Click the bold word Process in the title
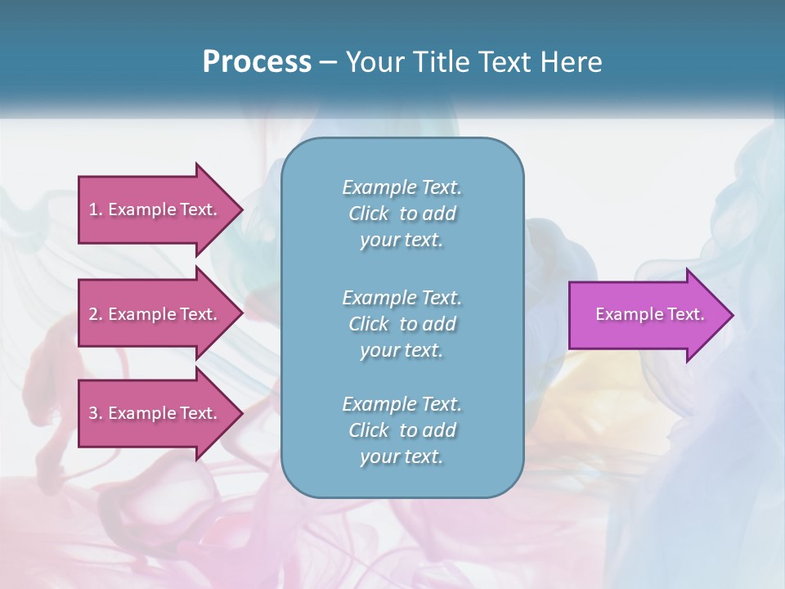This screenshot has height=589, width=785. coord(257,62)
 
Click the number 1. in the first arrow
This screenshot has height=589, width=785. coord(96,209)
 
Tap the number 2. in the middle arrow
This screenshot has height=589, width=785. coord(96,314)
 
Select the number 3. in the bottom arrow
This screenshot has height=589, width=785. coord(96,413)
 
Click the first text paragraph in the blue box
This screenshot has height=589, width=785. coord(401,214)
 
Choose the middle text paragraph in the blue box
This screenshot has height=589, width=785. coord(401,323)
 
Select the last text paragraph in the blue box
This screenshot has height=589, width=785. coord(401,430)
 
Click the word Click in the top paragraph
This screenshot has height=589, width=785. coord(368,214)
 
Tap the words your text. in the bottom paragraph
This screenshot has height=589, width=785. coord(401,457)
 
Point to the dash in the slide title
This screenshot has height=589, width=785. coord(328,62)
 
